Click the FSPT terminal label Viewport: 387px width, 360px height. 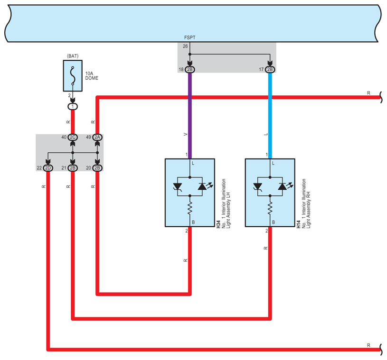pyautogui.click(x=189, y=37)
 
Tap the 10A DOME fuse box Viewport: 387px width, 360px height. pyautogui.click(x=73, y=75)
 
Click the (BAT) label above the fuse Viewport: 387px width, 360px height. pyautogui.click(x=73, y=56)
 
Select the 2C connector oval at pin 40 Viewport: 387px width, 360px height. pyautogui.click(x=73, y=138)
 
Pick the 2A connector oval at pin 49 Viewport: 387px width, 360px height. pyautogui.click(x=97, y=138)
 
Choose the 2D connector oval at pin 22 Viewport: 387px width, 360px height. pyautogui.click(x=48, y=168)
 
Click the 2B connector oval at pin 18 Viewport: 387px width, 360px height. pyautogui.click(x=190, y=70)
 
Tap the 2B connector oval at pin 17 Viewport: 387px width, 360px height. pyautogui.click(x=270, y=70)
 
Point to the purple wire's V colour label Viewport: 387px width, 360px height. pyautogui.click(x=185, y=135)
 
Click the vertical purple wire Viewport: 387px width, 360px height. pyautogui.click(x=190, y=114)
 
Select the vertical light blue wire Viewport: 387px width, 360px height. pyautogui.click(x=270, y=114)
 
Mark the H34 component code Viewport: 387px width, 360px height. pyautogui.click(x=218, y=224)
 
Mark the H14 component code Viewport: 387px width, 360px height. pyautogui.click(x=298, y=224)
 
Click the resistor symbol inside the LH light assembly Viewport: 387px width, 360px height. pyautogui.click(x=190, y=207)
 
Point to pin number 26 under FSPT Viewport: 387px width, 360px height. pyautogui.click(x=186, y=46)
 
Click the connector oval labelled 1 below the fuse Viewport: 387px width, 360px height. pyautogui.click(x=73, y=107)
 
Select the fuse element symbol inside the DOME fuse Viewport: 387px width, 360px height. pyautogui.click(x=73, y=75)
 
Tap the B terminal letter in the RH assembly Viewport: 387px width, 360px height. pyautogui.click(x=274, y=222)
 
